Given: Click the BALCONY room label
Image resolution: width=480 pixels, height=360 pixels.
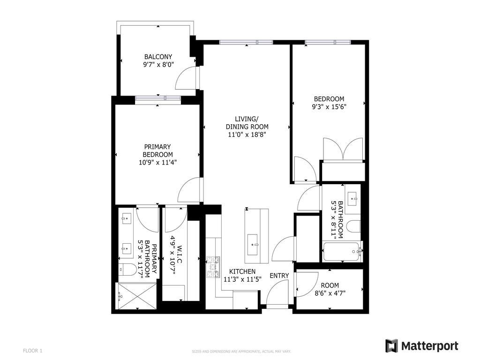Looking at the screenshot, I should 158,57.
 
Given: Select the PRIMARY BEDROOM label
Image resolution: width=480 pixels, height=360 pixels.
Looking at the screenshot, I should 157,150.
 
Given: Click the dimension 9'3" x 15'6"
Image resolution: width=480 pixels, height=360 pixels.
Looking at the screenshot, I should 329,107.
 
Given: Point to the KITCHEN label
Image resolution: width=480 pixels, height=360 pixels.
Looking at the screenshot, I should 242,271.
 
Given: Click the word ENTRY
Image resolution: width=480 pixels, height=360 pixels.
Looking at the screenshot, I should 279,276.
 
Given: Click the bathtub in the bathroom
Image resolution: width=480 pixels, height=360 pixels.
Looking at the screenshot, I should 342,252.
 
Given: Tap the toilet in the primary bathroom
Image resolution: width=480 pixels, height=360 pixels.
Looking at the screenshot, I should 127,269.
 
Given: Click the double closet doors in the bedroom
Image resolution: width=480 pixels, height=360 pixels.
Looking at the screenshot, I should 343,149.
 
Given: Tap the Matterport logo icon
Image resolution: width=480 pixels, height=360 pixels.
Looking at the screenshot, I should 391,346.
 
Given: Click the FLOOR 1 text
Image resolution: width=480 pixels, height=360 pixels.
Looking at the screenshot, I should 33,350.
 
